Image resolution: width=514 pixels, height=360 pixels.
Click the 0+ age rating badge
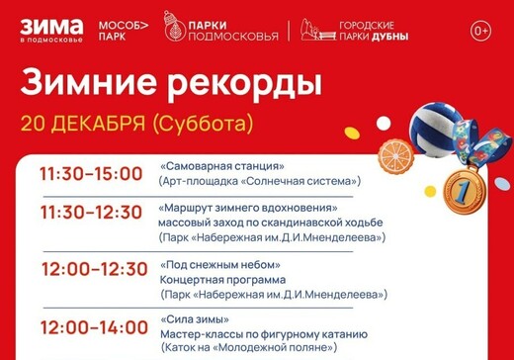tap(481, 31)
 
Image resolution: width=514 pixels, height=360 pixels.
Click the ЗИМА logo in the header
tap(51, 30)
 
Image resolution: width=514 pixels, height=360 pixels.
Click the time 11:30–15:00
tap(91, 174)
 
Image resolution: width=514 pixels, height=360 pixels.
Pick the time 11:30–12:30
tap(91, 213)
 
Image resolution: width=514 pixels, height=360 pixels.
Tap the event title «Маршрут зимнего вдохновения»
tap(254, 210)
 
